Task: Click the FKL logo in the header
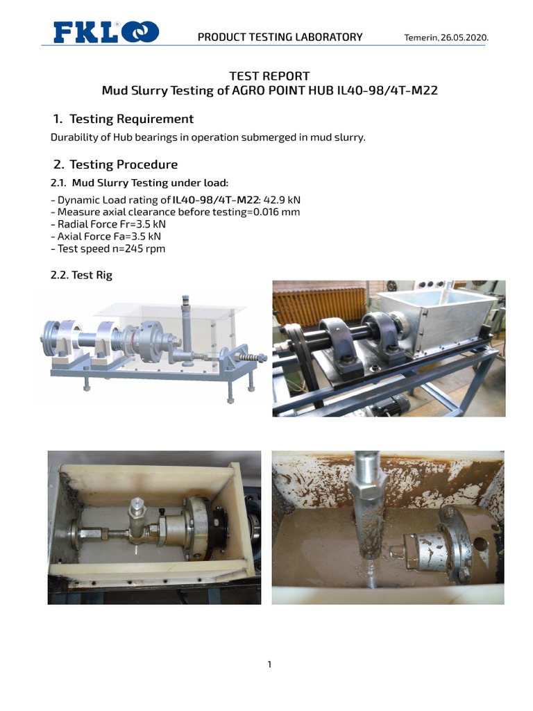(x=106, y=32)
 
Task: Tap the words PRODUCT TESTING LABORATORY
(x=280, y=37)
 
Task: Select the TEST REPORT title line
(x=269, y=76)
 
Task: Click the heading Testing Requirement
(x=131, y=119)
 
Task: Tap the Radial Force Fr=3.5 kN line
(x=108, y=224)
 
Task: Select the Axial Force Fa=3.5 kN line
(x=106, y=237)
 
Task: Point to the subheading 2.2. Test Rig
(x=81, y=275)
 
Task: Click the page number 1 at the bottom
(x=269, y=664)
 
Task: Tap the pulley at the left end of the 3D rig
(x=51, y=336)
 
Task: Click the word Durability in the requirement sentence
(x=71, y=137)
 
